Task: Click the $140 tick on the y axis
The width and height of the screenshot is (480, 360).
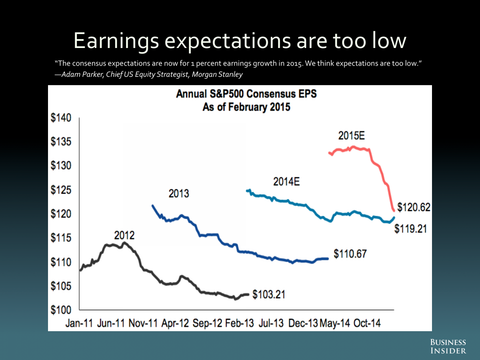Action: point(61,118)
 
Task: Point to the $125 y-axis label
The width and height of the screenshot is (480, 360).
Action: point(61,190)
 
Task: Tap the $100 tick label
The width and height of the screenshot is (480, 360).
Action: point(61,310)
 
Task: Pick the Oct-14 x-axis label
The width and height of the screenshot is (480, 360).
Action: point(367,323)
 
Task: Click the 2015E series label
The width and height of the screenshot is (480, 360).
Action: point(352,136)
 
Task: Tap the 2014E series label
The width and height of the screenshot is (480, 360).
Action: point(286,182)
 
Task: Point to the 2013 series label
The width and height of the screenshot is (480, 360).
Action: point(178,194)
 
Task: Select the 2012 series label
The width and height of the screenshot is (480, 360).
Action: point(124,235)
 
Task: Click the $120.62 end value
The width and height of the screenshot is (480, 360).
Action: point(414,207)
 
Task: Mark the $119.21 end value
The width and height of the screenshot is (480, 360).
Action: point(411,229)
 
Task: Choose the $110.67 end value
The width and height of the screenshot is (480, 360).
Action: point(350,254)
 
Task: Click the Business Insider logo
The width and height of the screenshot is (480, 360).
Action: point(448,346)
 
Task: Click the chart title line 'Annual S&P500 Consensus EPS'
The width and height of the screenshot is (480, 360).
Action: point(246,95)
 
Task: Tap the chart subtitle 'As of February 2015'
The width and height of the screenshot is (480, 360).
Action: point(246,107)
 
